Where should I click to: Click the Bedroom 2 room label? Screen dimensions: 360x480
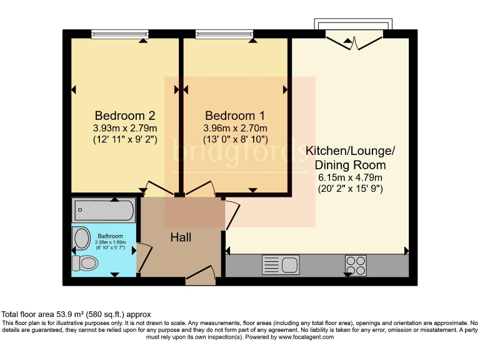coord(124,116)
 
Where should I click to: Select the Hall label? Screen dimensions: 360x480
coord(181,237)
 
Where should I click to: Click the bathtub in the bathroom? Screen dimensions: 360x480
coord(104,211)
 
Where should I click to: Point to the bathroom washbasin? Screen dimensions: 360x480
coord(81,238)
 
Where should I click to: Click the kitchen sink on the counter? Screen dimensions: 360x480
coord(281,265)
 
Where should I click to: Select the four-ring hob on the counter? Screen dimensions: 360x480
coord(356,266)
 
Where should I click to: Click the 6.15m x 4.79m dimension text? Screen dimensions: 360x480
coord(350,177)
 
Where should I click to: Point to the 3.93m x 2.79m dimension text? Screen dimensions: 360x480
coord(124,128)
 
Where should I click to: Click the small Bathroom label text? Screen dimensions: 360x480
coord(110,236)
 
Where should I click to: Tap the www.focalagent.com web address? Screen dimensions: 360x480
coord(301,337)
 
